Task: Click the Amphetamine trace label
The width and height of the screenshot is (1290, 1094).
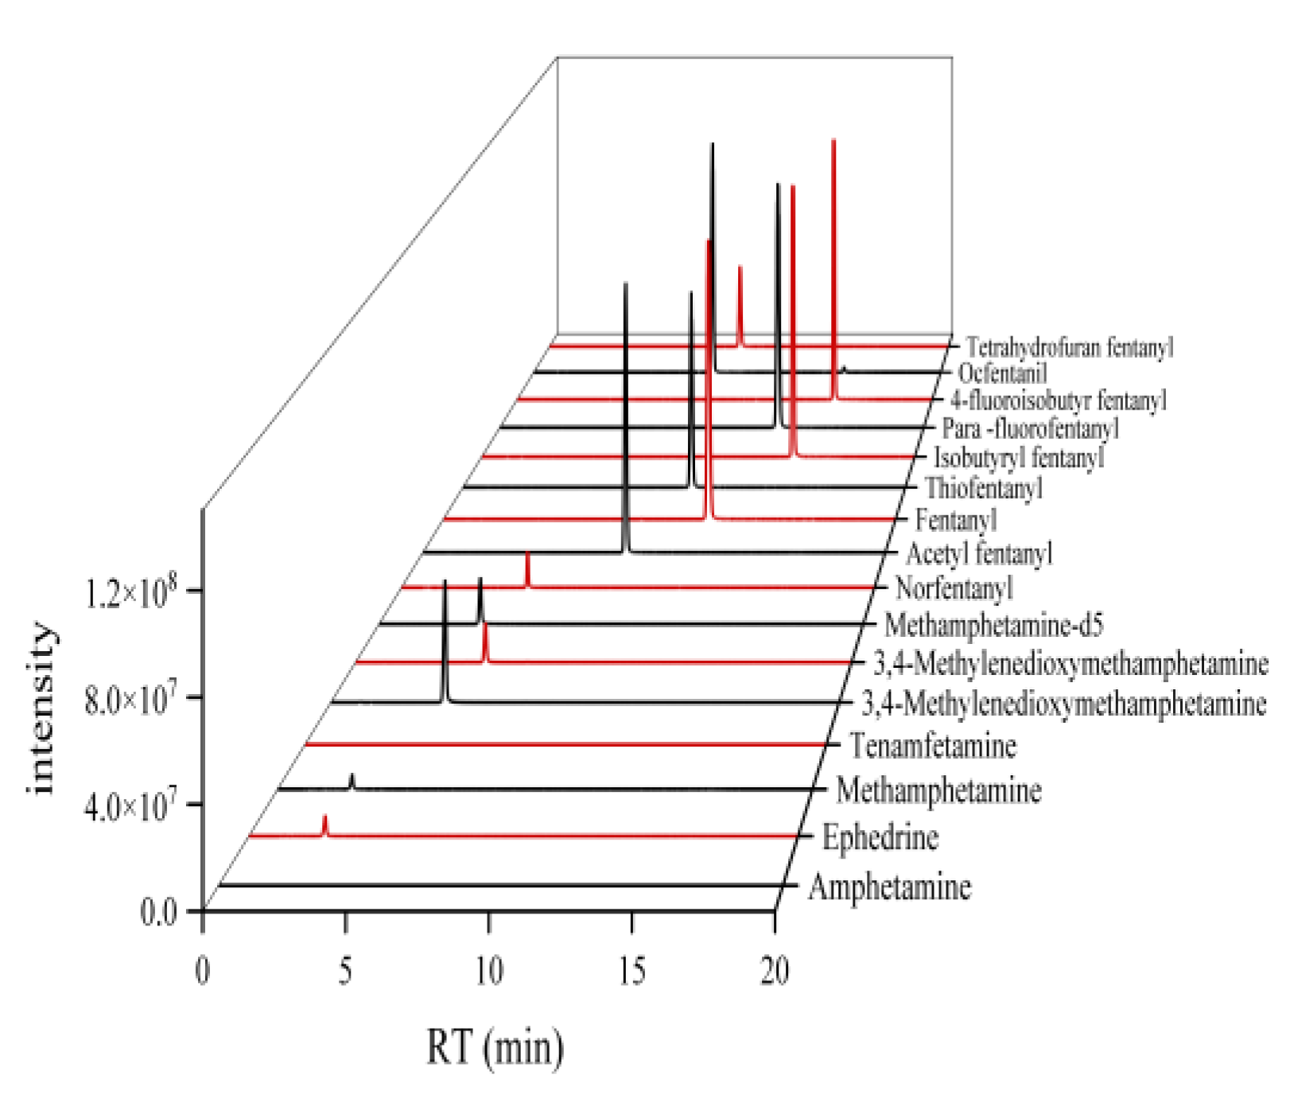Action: point(889,886)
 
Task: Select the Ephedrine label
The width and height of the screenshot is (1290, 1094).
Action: point(880,837)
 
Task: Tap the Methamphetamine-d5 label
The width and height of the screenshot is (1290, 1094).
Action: point(993,626)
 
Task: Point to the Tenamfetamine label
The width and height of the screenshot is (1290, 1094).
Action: point(932,746)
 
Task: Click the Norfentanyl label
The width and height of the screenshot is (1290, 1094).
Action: point(954,588)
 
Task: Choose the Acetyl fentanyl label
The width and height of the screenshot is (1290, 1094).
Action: point(979,553)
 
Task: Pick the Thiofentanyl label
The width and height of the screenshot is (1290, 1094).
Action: point(984,488)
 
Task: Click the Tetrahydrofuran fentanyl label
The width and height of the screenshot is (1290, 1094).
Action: point(1069,347)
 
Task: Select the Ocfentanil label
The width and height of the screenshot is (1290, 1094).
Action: point(1002,373)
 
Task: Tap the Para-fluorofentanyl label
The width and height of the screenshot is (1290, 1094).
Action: point(1030,429)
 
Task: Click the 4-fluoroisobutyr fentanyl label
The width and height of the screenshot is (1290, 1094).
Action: point(1059,400)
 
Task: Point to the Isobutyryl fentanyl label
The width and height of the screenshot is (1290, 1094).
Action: point(1019,458)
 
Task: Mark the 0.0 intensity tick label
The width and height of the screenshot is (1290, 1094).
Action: point(158,912)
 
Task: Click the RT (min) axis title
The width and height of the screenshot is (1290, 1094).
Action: point(495,1047)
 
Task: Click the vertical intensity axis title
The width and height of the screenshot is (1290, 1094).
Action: point(41,708)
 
